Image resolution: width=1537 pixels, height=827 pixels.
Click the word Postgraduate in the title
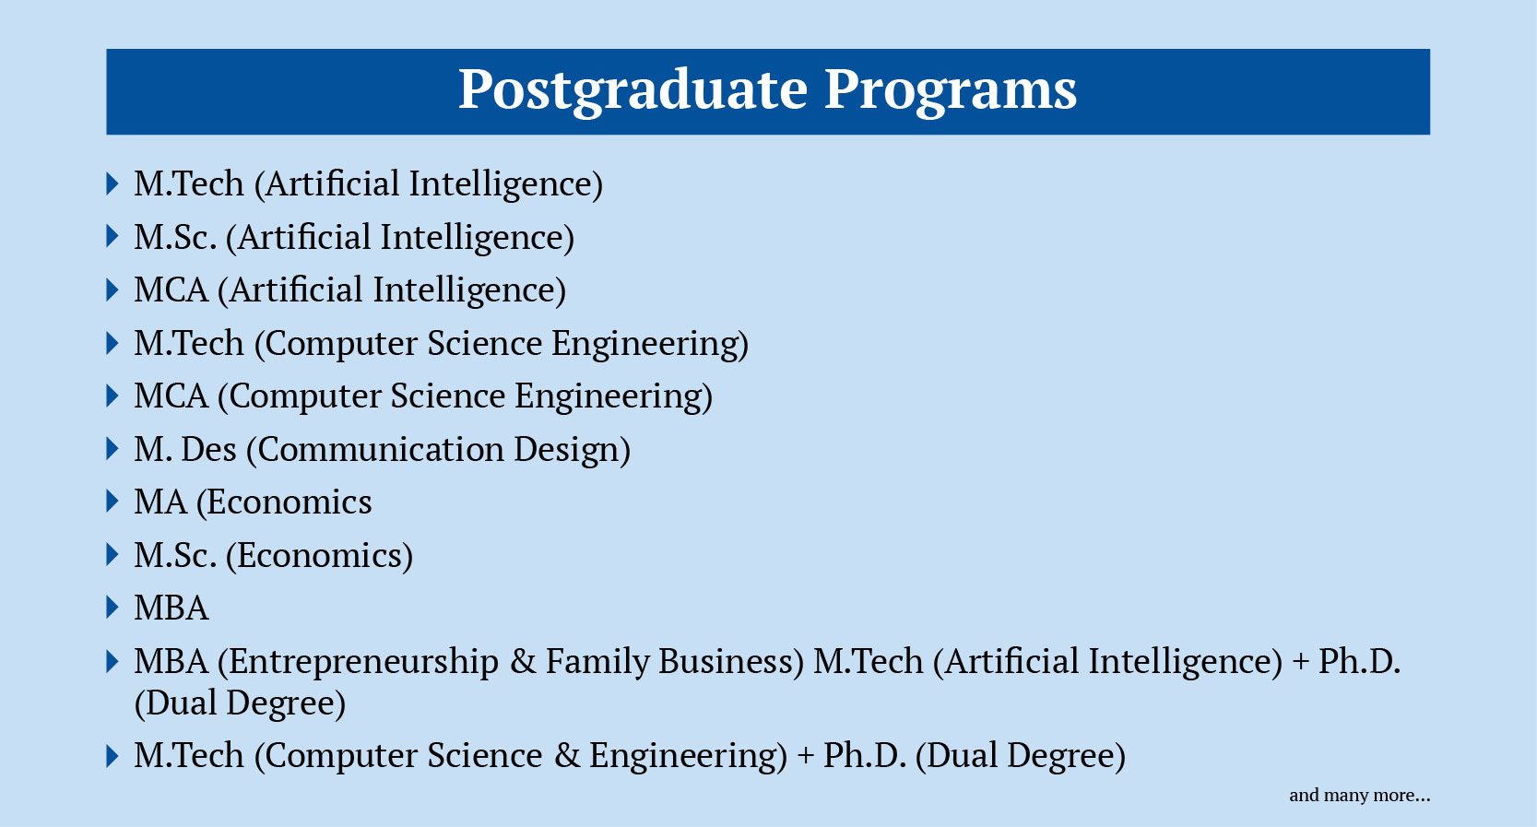tap(633, 90)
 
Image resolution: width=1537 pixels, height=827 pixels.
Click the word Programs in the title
tap(951, 90)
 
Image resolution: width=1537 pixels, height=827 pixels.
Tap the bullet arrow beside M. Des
tap(112, 449)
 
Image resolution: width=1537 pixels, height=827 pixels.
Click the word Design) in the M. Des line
tap(573, 450)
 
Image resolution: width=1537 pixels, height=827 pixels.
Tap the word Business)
tap(731, 662)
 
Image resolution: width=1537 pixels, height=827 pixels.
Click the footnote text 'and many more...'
tap(1359, 795)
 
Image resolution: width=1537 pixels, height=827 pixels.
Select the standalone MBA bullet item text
tap(171, 608)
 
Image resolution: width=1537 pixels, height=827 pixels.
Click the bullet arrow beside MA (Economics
tap(112, 502)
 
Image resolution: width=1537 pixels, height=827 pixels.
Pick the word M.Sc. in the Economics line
tap(175, 555)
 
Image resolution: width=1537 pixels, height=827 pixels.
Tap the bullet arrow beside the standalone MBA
tap(112, 608)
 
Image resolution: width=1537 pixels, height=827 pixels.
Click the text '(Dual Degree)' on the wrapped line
tap(240, 703)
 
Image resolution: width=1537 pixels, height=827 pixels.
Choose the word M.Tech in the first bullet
tap(189, 183)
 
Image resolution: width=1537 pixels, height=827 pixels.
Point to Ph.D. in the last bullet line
tap(865, 756)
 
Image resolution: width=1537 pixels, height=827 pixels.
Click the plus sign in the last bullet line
tap(806, 756)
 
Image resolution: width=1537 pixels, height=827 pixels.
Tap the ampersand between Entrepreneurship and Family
tap(523, 662)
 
